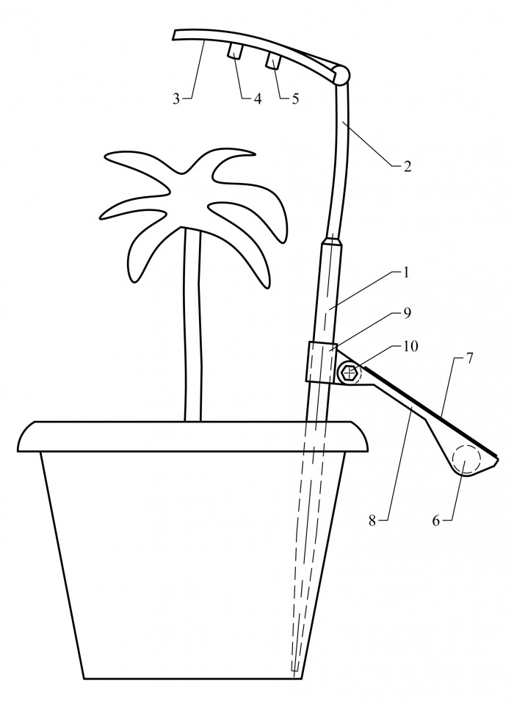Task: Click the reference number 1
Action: (x=405, y=273)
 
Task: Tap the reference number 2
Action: (x=406, y=166)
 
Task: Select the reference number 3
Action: (x=176, y=98)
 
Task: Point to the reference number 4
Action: (x=257, y=98)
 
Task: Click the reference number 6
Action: (x=436, y=520)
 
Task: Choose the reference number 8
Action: (x=372, y=520)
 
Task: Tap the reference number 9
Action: (x=408, y=313)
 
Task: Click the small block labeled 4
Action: (x=234, y=50)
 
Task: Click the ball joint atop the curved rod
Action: (x=341, y=75)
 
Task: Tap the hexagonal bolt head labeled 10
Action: (x=349, y=373)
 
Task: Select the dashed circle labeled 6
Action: (x=466, y=461)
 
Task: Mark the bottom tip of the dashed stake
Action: (x=294, y=671)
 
